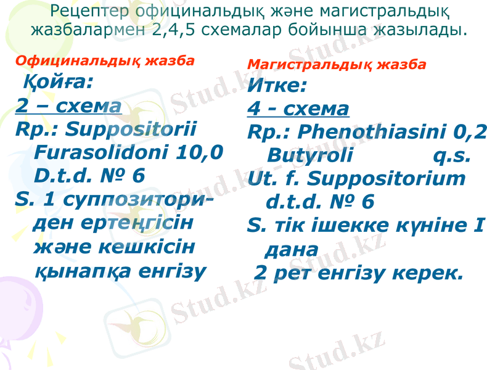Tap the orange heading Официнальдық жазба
coord(104,60)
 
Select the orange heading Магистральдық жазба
coord(337,64)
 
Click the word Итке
coord(277,86)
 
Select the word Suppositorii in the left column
coord(130,129)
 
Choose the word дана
coord(292,250)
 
